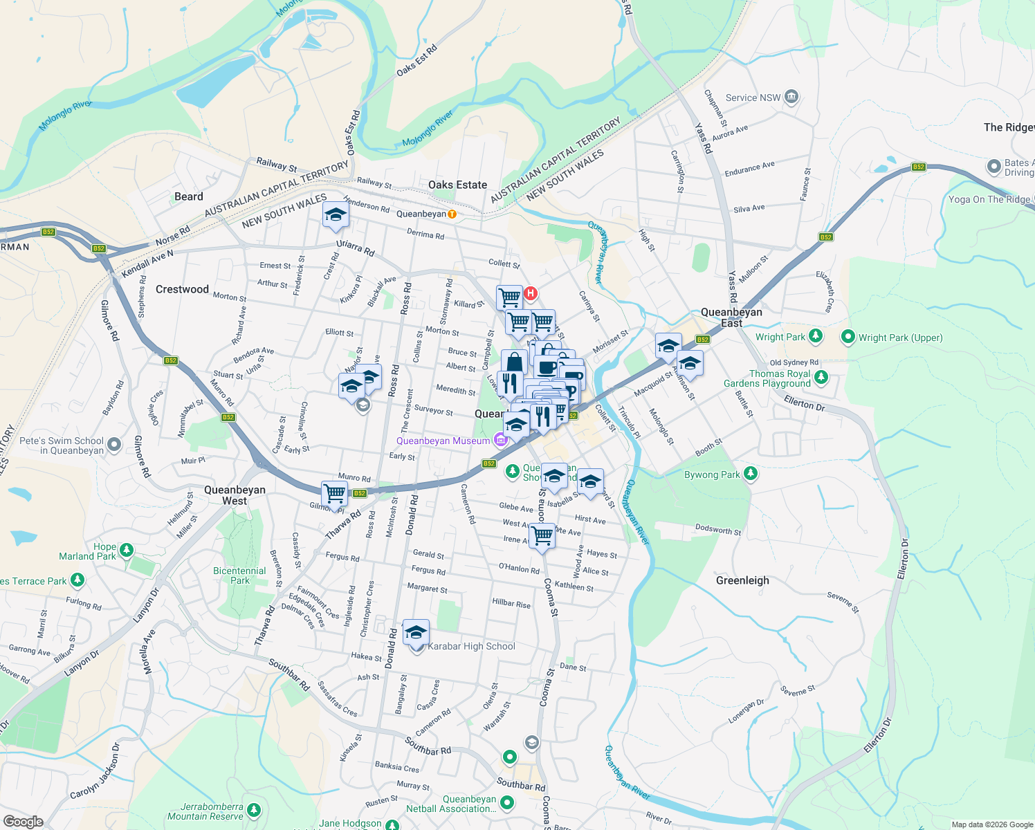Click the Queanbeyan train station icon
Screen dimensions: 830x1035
(452, 214)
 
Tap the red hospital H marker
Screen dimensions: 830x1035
(531, 293)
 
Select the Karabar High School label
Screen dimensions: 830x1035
(471, 646)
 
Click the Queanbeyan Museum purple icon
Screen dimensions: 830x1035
(500, 441)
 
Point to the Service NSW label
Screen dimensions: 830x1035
(753, 98)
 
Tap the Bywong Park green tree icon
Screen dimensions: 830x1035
(751, 474)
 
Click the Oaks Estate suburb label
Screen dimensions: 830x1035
(457, 185)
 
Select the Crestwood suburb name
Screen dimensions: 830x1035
(182, 289)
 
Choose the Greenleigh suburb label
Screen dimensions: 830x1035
(742, 580)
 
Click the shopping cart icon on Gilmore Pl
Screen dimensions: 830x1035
(335, 494)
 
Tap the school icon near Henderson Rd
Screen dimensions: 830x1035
(336, 215)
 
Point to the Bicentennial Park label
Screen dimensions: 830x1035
(239, 575)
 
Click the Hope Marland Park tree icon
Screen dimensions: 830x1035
(126, 550)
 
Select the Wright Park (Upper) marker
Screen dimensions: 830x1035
(848, 338)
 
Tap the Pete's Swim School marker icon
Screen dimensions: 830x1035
(115, 445)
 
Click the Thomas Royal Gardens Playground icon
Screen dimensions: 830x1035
(821, 377)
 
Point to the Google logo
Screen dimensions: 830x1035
(22, 821)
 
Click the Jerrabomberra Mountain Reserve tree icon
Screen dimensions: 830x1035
(254, 810)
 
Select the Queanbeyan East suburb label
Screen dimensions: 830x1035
(731, 317)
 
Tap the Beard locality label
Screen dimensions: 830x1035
(189, 196)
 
